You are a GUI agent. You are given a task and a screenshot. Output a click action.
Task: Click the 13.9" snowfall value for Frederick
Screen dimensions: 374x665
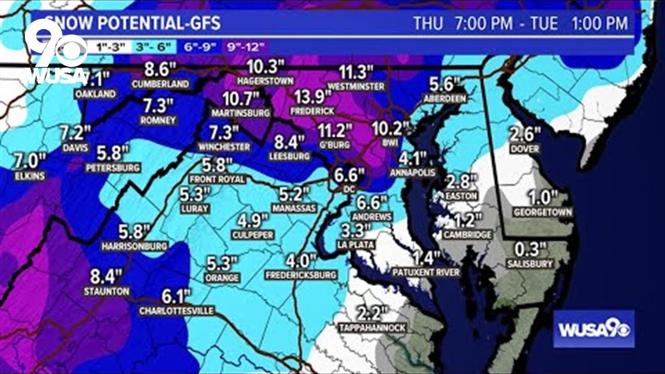[x=313, y=97]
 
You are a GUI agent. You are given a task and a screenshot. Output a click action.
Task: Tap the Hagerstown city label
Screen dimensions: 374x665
[x=265, y=81]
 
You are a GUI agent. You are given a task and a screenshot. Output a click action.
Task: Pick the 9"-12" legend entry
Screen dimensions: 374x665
[x=246, y=47]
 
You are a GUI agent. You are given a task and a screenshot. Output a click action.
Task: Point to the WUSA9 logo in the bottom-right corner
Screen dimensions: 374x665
[x=594, y=329]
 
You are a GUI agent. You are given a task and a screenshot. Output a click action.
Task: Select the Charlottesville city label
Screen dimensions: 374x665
[x=177, y=311]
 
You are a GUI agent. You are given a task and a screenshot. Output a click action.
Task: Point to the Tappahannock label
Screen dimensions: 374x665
[x=372, y=328]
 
